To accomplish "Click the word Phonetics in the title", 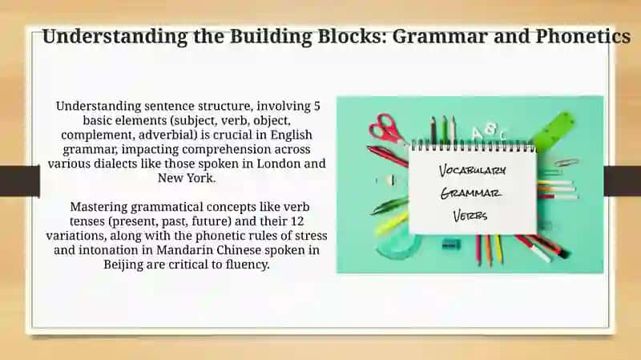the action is click(583, 36).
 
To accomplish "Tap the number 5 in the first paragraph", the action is click(316, 106).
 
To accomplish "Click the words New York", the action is click(187, 178).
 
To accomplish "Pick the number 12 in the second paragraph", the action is click(297, 221).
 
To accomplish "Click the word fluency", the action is click(248, 265).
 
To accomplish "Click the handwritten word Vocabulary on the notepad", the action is click(472, 171).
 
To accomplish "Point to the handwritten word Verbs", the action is click(470, 216).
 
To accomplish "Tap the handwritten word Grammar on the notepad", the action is click(470, 193).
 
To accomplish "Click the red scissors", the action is click(386, 128).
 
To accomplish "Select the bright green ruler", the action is click(554, 130).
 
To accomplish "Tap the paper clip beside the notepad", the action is click(566, 163).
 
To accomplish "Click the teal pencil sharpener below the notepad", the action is click(451, 245).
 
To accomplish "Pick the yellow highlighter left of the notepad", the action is click(391, 224).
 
